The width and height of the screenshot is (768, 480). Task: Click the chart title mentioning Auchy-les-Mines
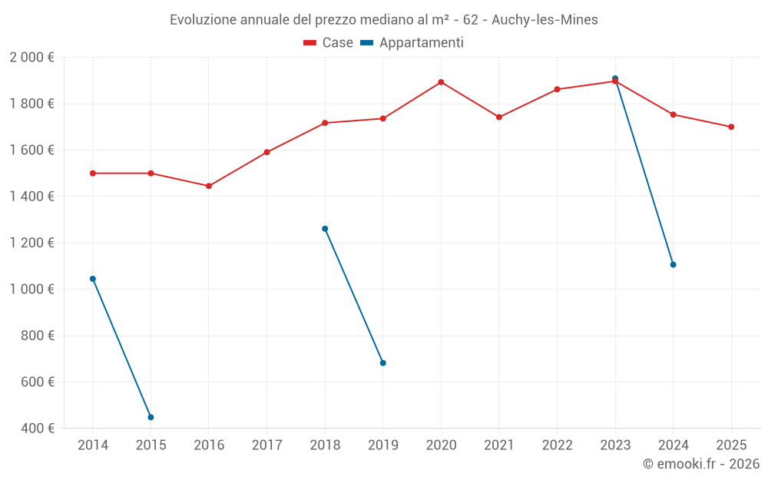click(383, 19)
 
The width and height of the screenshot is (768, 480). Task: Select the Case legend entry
click(329, 43)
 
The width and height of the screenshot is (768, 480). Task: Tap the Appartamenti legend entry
click(412, 43)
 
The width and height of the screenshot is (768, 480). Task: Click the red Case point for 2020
click(441, 82)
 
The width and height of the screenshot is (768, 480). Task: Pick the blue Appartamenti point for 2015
click(151, 417)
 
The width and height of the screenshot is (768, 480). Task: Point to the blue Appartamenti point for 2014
click(93, 279)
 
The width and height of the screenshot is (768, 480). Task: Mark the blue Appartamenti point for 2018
click(325, 229)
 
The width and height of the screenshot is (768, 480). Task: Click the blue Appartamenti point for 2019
click(383, 362)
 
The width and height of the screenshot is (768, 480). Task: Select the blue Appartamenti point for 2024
click(673, 264)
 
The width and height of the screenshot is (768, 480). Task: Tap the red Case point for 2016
click(209, 186)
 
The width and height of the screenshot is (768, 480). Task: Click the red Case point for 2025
click(731, 127)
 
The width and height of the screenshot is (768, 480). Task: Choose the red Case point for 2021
click(499, 117)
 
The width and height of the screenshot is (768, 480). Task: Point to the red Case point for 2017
click(266, 152)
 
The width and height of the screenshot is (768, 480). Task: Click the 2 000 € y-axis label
click(31, 58)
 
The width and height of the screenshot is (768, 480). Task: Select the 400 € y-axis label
click(38, 429)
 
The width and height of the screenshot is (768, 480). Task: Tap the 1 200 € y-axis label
click(31, 243)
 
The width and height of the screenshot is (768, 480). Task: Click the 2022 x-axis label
click(557, 445)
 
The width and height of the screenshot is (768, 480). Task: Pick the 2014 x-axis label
click(93, 445)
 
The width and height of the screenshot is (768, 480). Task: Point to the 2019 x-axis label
click(383, 445)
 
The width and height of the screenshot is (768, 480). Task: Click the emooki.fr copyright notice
click(700, 464)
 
